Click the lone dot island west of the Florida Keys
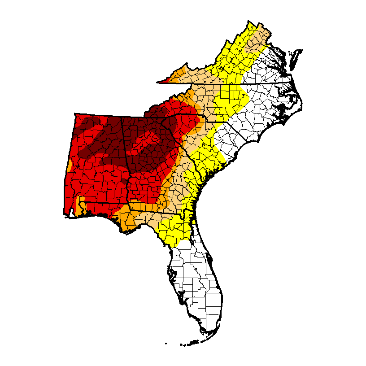(166, 344)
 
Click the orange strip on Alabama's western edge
(69, 166)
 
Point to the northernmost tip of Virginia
(250, 21)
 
